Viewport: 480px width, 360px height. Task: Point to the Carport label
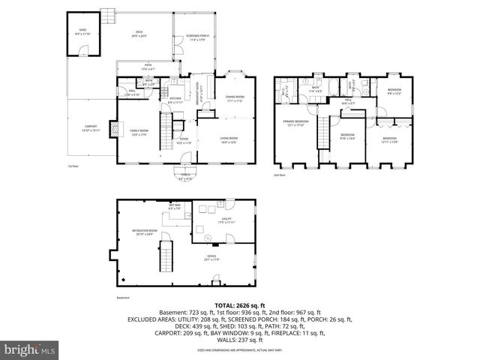point(90,128)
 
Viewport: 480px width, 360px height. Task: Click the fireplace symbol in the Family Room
point(115,129)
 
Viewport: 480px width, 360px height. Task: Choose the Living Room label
point(228,139)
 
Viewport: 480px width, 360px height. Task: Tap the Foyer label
point(183,139)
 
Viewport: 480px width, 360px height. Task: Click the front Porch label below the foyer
point(185,178)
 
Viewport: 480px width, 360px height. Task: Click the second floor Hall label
point(349,100)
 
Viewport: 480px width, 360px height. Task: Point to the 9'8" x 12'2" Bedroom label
point(394,91)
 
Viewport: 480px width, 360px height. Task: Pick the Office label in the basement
point(211,258)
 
